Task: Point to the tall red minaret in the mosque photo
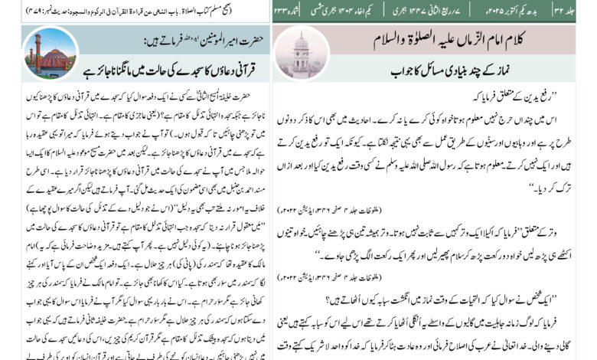pos(36,47)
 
